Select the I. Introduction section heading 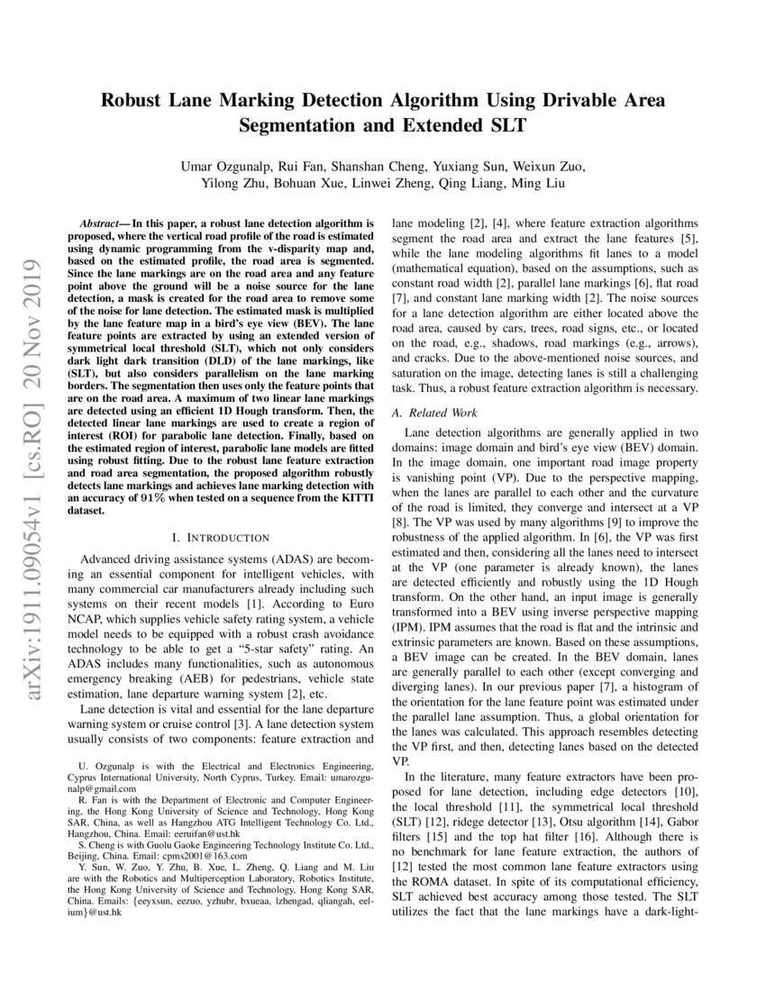coord(226,538)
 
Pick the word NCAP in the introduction coord(100,609)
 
